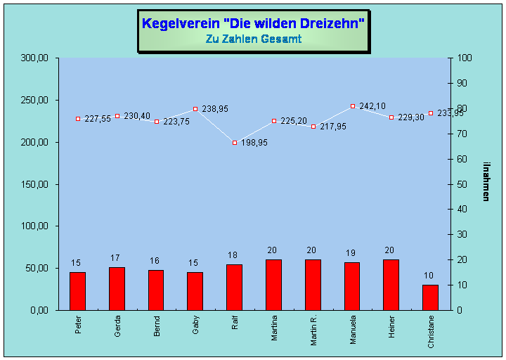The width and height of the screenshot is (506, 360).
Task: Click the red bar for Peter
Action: coord(77,290)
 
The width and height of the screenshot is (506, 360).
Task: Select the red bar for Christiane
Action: coord(430,297)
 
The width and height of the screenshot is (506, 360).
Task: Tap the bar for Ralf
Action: coord(234,287)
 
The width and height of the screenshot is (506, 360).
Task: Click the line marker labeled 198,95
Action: coord(235,143)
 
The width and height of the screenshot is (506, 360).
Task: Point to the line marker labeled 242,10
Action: coord(353,106)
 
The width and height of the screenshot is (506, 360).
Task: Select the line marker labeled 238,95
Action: coord(195,109)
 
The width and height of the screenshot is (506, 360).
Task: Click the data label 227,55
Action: coord(98,120)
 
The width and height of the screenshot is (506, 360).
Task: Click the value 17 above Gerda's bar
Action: coord(116,258)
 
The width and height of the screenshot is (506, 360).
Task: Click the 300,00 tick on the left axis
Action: coord(34,58)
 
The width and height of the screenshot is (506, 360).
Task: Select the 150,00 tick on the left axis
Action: coord(34,184)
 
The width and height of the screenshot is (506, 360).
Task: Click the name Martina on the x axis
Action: coord(273,328)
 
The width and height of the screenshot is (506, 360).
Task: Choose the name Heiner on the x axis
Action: coord(391,327)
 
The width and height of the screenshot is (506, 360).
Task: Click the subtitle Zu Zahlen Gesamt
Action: coord(253,39)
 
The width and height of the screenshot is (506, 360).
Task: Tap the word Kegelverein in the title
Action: coord(171,23)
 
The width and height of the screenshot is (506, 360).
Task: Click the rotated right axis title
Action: coord(486,181)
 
